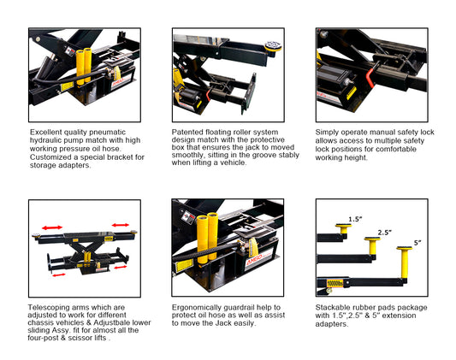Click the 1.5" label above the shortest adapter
coord(355,219)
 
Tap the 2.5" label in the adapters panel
coord(384,233)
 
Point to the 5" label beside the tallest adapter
coord(418,243)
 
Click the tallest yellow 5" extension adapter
coord(405,263)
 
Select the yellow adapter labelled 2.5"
coord(372,245)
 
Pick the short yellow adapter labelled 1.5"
coord(344,228)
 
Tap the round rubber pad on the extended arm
coord(273,45)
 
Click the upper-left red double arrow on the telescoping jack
coord(52,227)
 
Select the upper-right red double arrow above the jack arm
coord(121,225)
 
